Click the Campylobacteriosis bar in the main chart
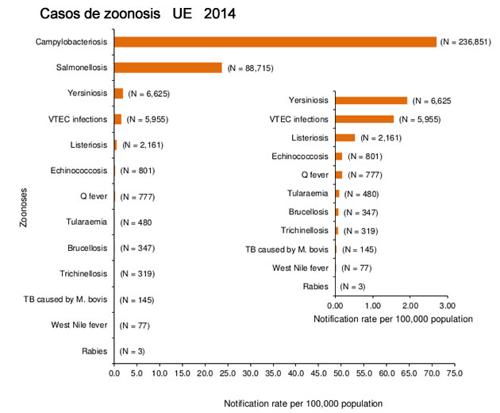[x=275, y=41]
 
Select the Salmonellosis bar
[x=168, y=68]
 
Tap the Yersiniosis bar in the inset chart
[x=371, y=100]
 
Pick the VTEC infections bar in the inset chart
[x=364, y=119]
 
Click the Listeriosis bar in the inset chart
[x=345, y=137]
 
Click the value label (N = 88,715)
[x=250, y=68]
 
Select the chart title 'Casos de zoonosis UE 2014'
[x=137, y=14]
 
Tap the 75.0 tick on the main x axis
[x=455, y=371]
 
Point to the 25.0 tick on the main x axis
[x=228, y=371]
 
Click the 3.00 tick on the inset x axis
[x=447, y=305]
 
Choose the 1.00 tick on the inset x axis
[x=372, y=305]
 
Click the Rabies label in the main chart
[x=95, y=350]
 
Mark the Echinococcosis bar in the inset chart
[x=339, y=156]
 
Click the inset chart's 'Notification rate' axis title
[x=393, y=318]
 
